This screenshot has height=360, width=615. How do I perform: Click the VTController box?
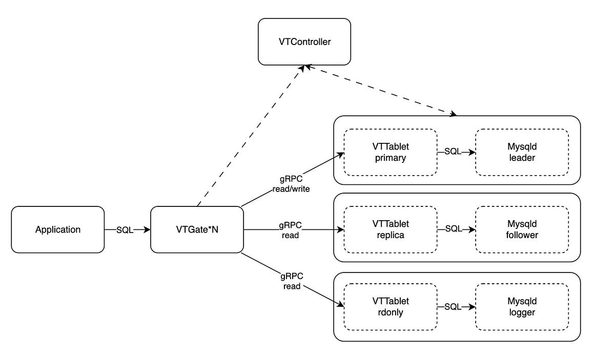click(x=304, y=41)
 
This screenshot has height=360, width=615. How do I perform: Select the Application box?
click(x=57, y=229)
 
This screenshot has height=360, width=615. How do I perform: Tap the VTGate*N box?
click(x=196, y=229)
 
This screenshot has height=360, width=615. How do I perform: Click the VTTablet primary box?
click(x=390, y=152)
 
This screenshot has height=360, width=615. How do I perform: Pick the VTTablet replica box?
click(x=390, y=229)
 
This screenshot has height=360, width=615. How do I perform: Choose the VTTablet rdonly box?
click(x=390, y=307)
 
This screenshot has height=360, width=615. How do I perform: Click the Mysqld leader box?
click(x=522, y=152)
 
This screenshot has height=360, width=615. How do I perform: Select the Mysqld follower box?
click(x=522, y=229)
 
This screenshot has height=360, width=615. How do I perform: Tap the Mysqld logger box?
click(x=522, y=307)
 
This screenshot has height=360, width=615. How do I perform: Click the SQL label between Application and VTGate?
click(x=125, y=230)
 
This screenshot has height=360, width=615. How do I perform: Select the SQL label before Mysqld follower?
click(x=454, y=229)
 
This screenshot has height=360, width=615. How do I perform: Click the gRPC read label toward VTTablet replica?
click(x=291, y=230)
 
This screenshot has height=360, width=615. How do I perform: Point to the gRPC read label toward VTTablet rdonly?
click(x=292, y=281)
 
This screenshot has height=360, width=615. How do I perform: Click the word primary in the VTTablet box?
click(x=390, y=158)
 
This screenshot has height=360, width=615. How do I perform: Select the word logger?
click(x=522, y=312)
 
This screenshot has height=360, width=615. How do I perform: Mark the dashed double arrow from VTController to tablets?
click(x=379, y=90)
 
